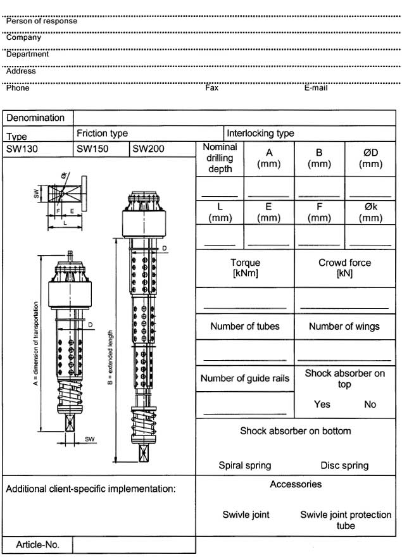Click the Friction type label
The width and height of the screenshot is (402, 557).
pyautogui.click(x=102, y=134)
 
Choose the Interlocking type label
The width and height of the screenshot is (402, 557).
pyautogui.click(x=260, y=134)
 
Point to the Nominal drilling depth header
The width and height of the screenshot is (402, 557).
pyautogui.click(x=220, y=158)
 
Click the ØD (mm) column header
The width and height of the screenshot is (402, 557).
pyautogui.click(x=370, y=158)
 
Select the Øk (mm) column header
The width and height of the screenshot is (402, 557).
pyautogui.click(x=370, y=212)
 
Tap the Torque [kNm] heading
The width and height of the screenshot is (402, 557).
pyautogui.click(x=245, y=268)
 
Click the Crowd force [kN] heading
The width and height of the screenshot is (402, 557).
pyautogui.click(x=344, y=268)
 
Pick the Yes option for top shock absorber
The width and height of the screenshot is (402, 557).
pyautogui.click(x=322, y=404)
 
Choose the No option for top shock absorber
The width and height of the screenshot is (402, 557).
pyautogui.click(x=370, y=404)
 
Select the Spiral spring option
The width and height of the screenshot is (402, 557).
pyautogui.click(x=244, y=465)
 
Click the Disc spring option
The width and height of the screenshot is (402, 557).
pyautogui.click(x=344, y=465)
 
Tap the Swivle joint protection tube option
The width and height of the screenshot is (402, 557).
pyautogui.click(x=346, y=520)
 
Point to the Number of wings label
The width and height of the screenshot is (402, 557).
pyautogui.click(x=344, y=327)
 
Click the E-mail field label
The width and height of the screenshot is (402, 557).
pyautogui.click(x=316, y=88)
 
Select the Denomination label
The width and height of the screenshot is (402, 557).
pyautogui.click(x=35, y=118)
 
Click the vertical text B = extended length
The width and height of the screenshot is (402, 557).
pyautogui.click(x=111, y=360)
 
